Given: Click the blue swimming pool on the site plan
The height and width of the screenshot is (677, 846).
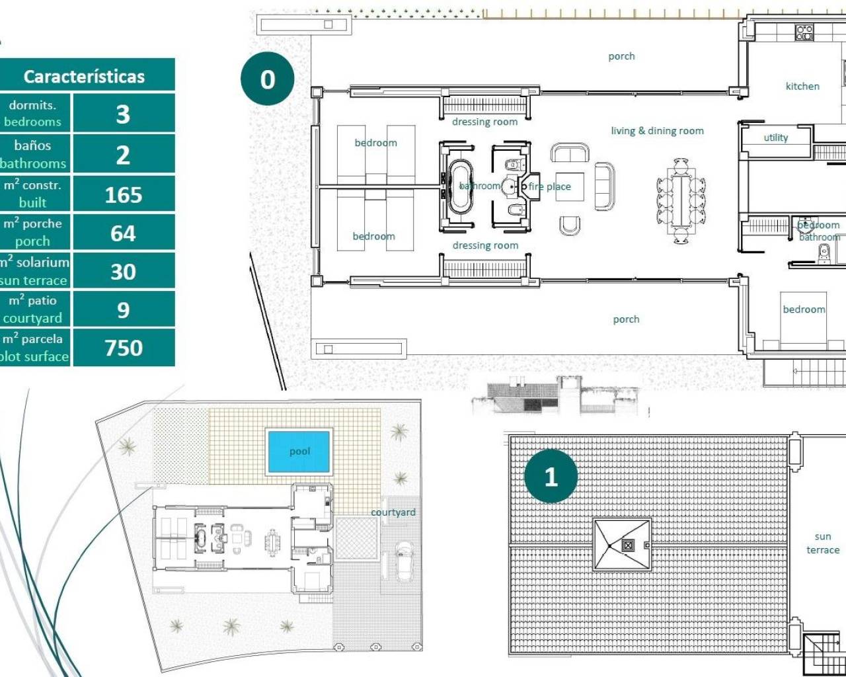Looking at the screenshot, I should pos(299,452).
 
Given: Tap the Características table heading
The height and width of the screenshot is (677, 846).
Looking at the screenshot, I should pos(84,77).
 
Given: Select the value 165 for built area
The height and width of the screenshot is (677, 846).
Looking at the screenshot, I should pos(123,195).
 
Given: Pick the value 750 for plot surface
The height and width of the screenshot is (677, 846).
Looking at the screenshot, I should pos(123,348).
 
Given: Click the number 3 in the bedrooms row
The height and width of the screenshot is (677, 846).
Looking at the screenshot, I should pos(123,114).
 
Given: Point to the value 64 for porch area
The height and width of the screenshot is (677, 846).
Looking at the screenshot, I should pos(123,233).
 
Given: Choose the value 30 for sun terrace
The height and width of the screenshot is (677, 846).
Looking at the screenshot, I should pos(123,272).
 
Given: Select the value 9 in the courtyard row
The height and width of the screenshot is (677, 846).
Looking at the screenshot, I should pos(123,310).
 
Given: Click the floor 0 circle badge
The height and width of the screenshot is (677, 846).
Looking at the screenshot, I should pos(267,79).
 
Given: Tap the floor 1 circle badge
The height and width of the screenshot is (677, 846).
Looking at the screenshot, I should pos(551,477).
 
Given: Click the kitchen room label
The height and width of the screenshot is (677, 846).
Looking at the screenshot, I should pos(802,86).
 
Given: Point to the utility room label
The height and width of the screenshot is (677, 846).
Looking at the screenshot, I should pos(775,138).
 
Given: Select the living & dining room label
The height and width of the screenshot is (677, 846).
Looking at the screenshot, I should pos(657,131).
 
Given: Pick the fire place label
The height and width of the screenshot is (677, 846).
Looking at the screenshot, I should pos(549,186).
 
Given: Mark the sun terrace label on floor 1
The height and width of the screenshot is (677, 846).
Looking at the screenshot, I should pos(822,543).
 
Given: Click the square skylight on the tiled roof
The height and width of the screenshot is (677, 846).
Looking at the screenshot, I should pos(622,545).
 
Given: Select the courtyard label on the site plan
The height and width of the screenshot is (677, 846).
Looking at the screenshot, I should pos(393,512).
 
